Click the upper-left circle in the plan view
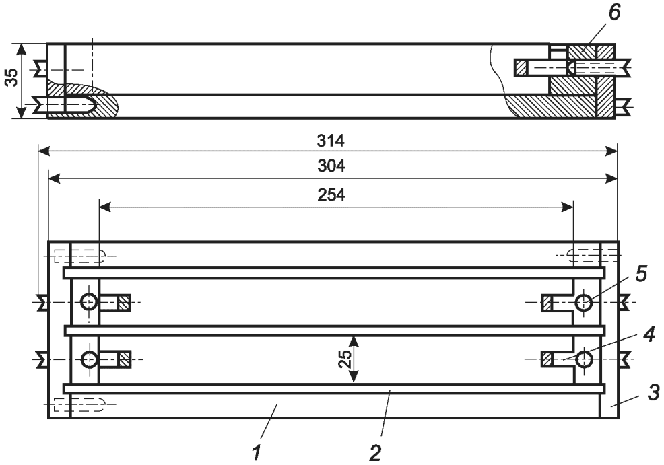(89, 303)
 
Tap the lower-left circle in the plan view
(89, 360)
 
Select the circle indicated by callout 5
(584, 303)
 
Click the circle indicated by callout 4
(584, 360)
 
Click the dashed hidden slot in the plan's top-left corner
(79, 256)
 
